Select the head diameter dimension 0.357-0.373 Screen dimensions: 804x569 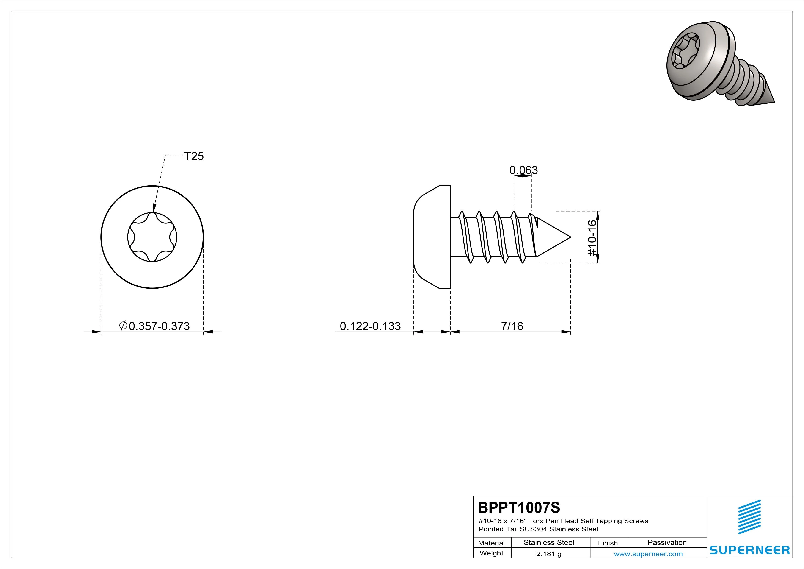(154, 326)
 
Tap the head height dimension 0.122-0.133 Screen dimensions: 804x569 (370, 326)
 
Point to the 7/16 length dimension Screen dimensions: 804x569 (512, 326)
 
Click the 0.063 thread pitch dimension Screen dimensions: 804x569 (523, 170)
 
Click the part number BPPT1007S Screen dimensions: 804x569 (519, 507)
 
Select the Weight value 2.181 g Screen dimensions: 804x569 (549, 554)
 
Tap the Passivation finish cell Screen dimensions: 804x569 (667, 542)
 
